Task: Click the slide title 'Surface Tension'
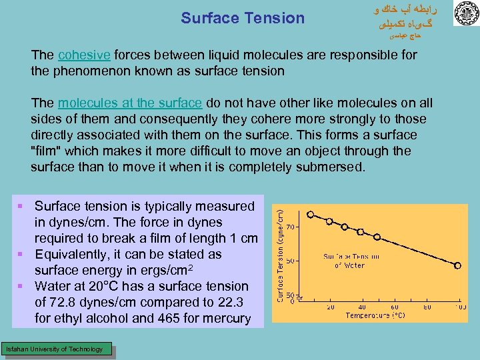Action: [242, 19]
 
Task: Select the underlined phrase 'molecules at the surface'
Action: [129, 103]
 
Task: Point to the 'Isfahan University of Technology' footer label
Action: [54, 349]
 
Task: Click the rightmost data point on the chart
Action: [457, 265]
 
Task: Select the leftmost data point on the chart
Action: [311, 215]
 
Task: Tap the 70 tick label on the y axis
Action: [291, 227]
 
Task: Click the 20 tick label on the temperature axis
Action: [331, 307]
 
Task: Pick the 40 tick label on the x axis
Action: [364, 307]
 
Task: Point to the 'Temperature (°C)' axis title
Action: [379, 315]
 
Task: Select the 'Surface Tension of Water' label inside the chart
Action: [351, 260]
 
